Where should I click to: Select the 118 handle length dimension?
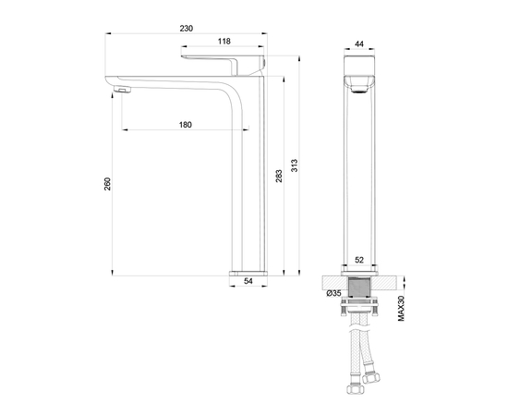tap(223, 42)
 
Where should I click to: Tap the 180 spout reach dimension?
tap(186, 126)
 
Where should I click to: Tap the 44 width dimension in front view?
tap(360, 43)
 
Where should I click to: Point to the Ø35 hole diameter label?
tap(334, 293)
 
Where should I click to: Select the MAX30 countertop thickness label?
tap(402, 303)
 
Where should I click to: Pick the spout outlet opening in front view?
tap(360, 89)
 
